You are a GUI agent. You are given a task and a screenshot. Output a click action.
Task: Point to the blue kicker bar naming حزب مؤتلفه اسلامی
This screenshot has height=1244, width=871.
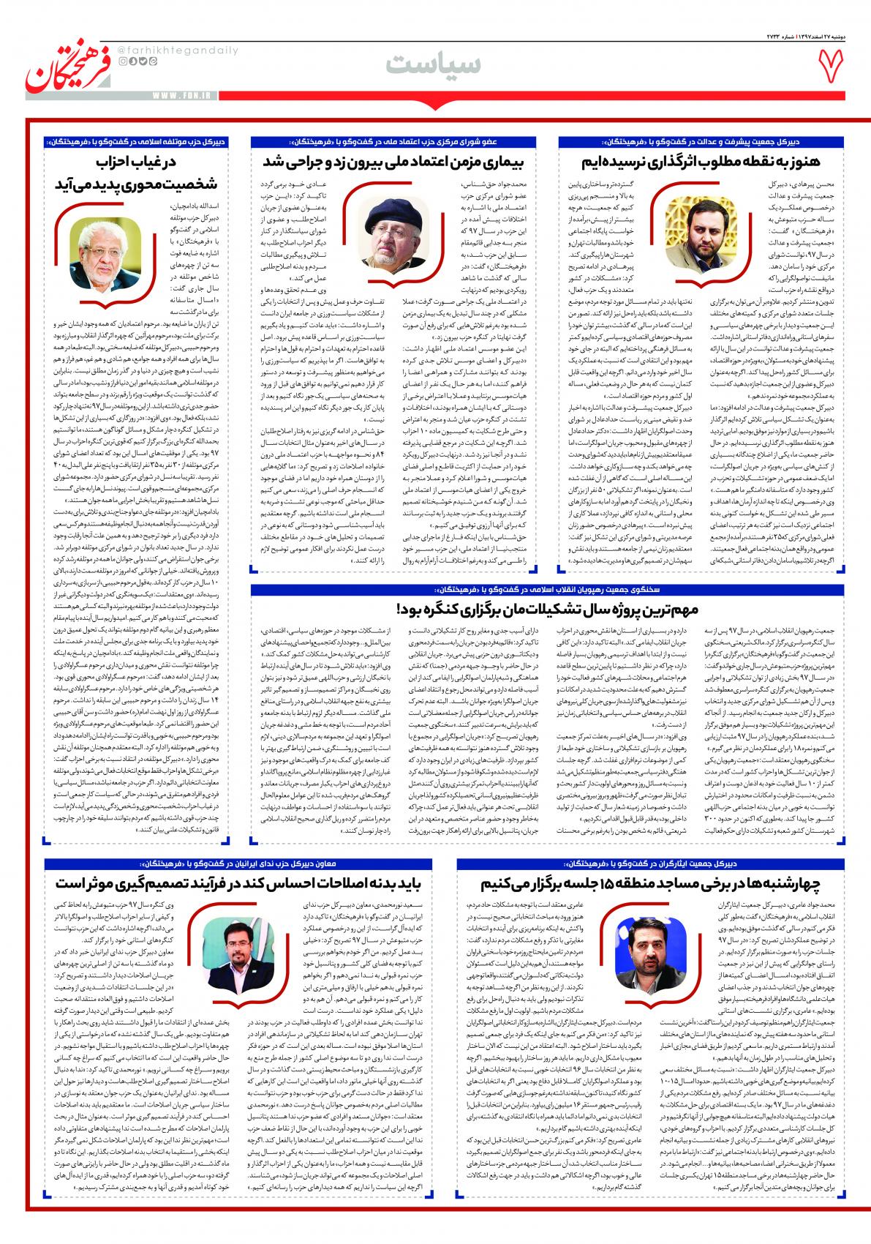pos(139,140)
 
